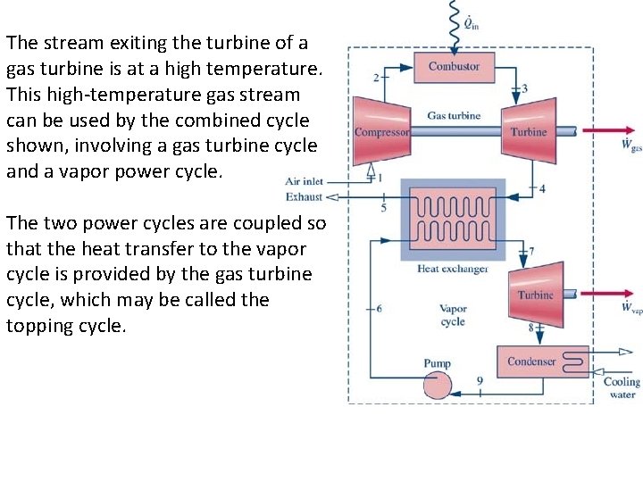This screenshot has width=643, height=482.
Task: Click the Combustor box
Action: [x=454, y=67]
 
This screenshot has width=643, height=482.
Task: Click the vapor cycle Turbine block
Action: [x=537, y=295]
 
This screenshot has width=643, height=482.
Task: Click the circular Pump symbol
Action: [x=438, y=385]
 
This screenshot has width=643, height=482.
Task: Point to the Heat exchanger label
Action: [x=453, y=269]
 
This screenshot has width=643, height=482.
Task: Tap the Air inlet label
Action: [x=304, y=181]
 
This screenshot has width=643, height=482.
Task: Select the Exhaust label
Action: [x=305, y=196]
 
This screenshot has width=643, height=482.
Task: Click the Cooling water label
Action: [x=622, y=387]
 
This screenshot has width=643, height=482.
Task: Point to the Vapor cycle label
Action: [x=453, y=315]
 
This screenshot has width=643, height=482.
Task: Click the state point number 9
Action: [x=480, y=381]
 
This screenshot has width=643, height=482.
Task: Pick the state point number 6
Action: [x=379, y=308]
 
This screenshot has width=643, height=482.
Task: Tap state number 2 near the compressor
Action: [x=376, y=78]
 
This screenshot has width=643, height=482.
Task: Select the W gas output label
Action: [x=630, y=145]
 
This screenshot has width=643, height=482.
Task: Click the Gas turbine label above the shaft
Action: [x=454, y=116]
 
